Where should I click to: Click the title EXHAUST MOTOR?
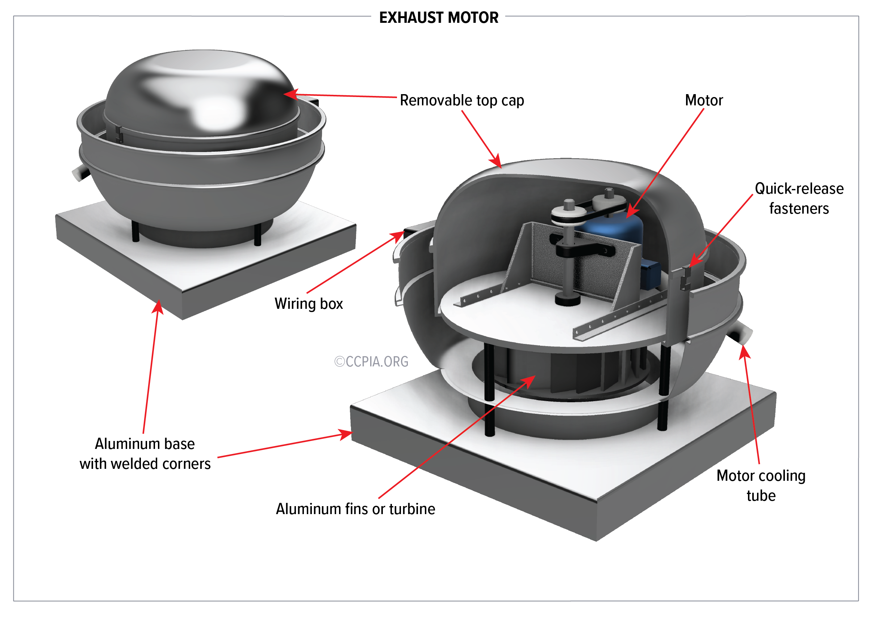[439, 18]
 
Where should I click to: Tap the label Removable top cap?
[461, 101]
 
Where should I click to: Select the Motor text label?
[704, 101]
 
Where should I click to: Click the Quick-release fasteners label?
[798, 198]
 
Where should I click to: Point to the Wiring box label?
[309, 304]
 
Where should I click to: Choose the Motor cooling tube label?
[761, 485]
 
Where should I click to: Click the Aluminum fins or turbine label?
[355, 509]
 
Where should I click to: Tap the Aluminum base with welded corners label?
[145, 454]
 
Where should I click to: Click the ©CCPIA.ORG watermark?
[371, 362]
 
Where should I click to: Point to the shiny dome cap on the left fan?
[203, 92]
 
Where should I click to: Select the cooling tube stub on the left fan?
[79, 173]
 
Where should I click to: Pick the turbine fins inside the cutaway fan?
[574, 373]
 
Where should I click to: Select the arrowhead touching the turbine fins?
[530, 380]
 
